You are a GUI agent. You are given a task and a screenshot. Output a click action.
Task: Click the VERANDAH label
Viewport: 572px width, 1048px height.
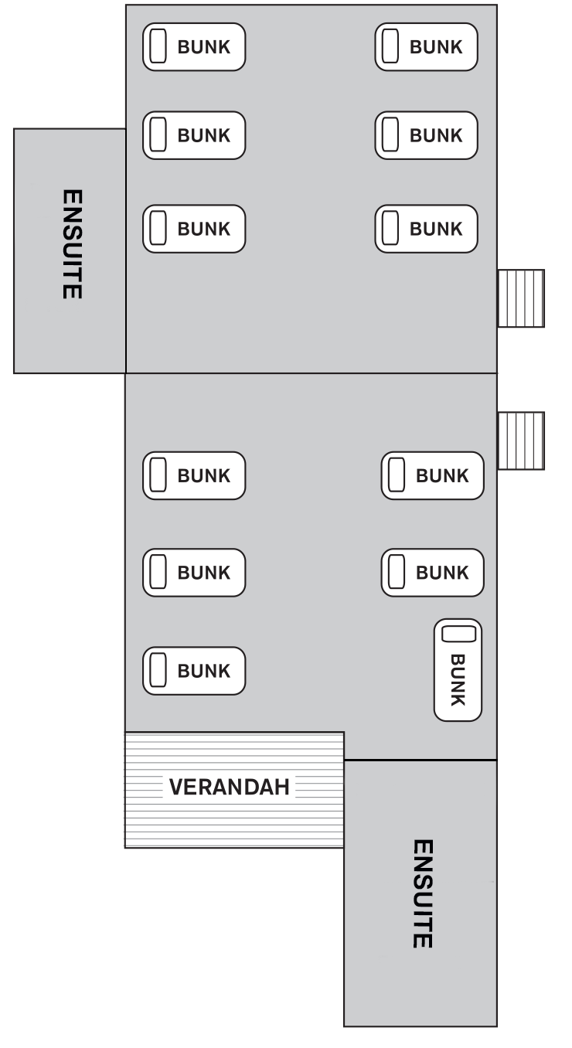(x=229, y=787)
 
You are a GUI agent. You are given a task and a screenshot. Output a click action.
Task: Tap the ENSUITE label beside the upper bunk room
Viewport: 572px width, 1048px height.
(x=73, y=243)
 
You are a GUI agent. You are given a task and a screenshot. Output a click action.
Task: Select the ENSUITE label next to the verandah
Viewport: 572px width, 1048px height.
(x=423, y=893)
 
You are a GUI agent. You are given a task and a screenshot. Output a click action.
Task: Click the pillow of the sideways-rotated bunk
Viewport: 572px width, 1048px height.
(x=458, y=634)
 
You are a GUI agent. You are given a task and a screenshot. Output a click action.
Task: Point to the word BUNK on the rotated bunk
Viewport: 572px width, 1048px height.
(x=458, y=680)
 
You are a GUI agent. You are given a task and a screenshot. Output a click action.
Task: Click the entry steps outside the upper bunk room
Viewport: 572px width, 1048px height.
(x=521, y=298)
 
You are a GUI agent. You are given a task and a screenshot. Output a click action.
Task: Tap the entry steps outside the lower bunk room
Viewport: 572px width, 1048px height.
(x=521, y=441)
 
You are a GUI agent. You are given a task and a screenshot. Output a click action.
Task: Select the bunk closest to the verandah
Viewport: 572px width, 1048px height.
(x=194, y=671)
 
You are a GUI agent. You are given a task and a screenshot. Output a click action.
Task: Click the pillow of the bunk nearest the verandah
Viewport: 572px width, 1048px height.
(x=158, y=670)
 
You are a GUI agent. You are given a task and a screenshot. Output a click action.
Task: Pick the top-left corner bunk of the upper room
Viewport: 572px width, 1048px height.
(x=194, y=47)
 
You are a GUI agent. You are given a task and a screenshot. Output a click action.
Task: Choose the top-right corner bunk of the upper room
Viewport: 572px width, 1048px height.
(x=427, y=47)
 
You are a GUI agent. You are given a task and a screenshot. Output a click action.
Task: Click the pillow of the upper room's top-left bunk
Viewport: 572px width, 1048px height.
(x=158, y=46)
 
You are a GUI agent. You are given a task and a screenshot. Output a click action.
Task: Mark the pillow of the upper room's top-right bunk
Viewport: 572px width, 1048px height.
(x=390, y=46)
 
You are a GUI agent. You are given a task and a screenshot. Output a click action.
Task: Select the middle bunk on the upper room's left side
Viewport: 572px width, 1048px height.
(x=194, y=135)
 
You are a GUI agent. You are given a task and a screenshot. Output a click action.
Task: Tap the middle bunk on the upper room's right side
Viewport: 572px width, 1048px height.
(x=427, y=135)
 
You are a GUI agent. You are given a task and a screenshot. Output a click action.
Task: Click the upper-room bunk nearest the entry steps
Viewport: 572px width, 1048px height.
(x=427, y=229)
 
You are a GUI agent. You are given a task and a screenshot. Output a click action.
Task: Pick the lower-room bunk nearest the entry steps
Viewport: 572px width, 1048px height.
(x=433, y=475)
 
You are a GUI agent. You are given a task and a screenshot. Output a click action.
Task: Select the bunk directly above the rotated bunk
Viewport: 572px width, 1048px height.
(x=433, y=573)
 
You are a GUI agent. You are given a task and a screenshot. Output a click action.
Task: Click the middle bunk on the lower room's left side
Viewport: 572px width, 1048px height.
(x=194, y=573)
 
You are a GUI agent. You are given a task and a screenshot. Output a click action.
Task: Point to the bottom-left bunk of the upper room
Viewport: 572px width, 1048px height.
(x=194, y=229)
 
